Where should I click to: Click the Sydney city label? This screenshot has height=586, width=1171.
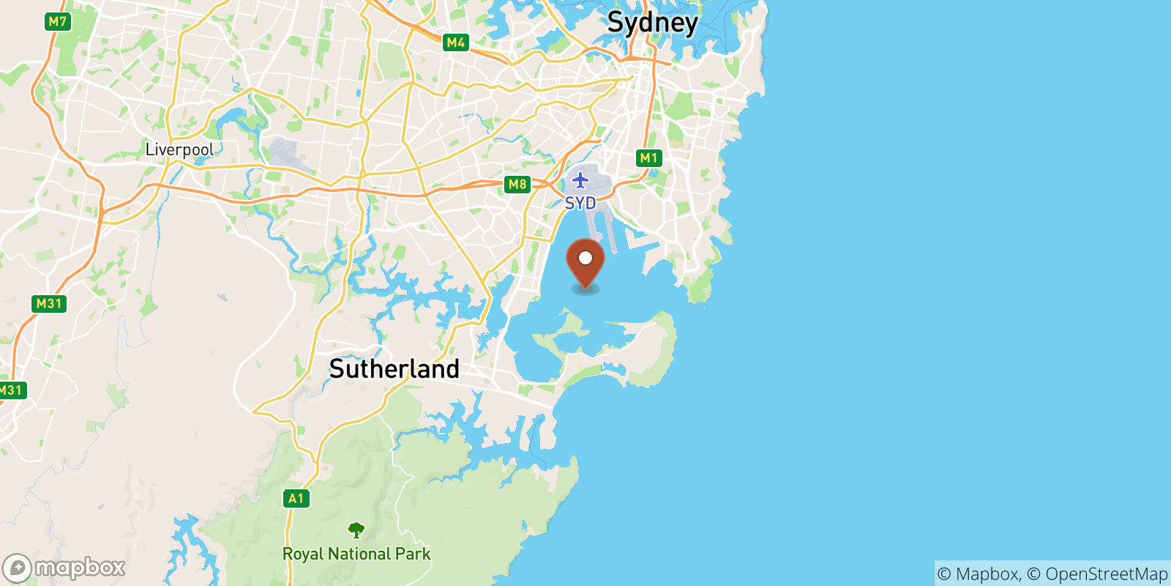(652, 23)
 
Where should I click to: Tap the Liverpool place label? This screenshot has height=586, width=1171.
(179, 149)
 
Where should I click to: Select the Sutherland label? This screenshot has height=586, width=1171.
(394, 368)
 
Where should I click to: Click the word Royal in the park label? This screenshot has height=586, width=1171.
(303, 554)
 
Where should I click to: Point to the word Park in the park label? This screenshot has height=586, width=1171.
(414, 554)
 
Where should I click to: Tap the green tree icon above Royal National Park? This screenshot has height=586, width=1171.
(356, 530)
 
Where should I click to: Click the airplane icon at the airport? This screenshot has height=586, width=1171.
(580, 179)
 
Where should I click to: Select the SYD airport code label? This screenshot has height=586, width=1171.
(580, 203)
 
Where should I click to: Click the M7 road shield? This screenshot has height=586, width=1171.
(57, 22)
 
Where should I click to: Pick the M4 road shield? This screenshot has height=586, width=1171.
(456, 42)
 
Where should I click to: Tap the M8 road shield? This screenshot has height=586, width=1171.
(517, 185)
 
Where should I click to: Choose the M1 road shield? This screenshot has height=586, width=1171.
(649, 157)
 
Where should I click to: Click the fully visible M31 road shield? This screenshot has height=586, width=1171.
(50, 303)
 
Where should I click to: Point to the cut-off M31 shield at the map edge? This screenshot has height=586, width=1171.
(11, 390)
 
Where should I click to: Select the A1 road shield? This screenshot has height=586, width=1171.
(296, 499)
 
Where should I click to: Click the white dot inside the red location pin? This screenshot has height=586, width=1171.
(585, 258)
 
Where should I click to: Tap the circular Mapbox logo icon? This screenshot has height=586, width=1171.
(17, 568)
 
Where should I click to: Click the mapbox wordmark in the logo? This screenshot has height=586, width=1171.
(80, 568)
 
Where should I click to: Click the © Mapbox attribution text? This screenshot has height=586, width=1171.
(979, 574)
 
